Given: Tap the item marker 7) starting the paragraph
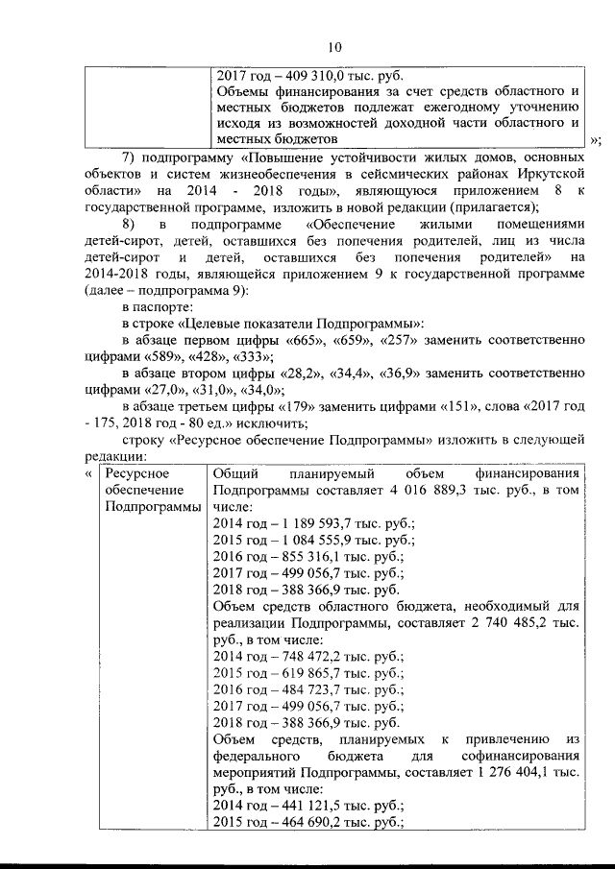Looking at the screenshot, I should click(135, 157).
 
